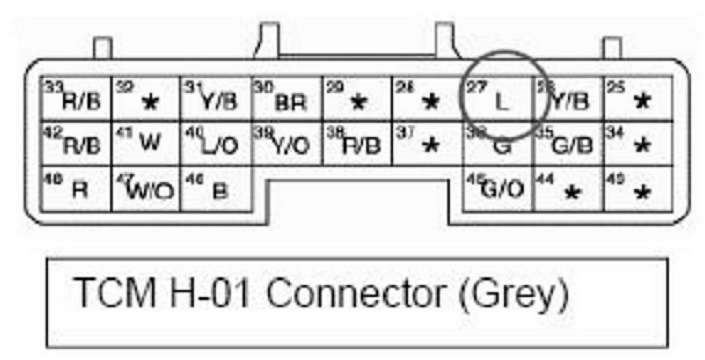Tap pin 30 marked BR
pyautogui.click(x=286, y=100)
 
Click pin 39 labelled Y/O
pyautogui.click(x=286, y=144)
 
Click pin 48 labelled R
pyautogui.click(x=76, y=190)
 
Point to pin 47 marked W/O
pyautogui.click(x=146, y=190)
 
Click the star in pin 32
pyautogui.click(x=149, y=102)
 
